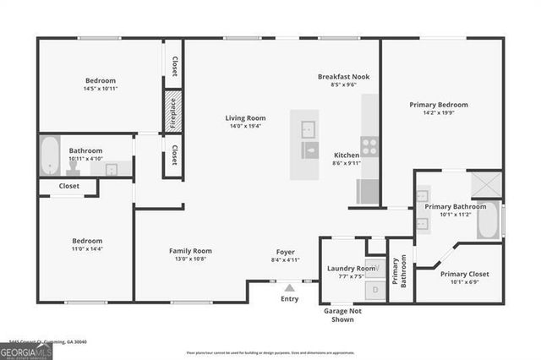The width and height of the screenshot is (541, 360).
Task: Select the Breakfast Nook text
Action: (x=343, y=76)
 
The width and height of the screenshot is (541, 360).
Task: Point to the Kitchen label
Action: (x=347, y=155)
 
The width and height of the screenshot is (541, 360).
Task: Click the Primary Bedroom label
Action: (x=439, y=105)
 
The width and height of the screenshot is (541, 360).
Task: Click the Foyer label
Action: (x=285, y=252)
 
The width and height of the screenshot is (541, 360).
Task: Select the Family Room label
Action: (x=190, y=251)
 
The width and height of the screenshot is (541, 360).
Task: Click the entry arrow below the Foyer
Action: (x=289, y=287)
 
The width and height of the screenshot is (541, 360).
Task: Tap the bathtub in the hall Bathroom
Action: (x=49, y=155)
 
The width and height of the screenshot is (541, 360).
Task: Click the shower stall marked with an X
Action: (x=486, y=183)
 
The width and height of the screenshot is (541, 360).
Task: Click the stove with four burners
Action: (x=369, y=145)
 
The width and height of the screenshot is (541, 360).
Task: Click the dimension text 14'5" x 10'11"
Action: (x=100, y=89)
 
